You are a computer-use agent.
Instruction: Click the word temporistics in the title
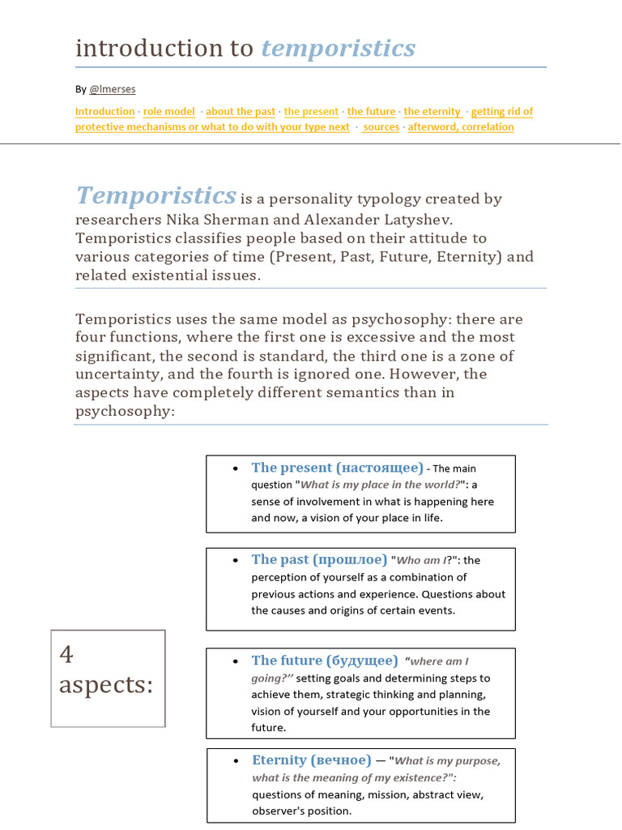pos(338,49)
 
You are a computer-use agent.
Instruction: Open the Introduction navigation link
pos(105,112)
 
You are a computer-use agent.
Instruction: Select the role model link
pos(169,112)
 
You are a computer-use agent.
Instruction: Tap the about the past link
pos(241,112)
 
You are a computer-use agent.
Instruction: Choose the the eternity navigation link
pos(432,112)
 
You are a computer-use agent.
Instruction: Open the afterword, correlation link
pos(461,127)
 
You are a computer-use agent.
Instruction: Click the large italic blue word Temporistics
pos(155,196)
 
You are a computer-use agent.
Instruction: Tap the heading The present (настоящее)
pos(337,468)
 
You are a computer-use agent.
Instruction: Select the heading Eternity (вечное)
pos(312,760)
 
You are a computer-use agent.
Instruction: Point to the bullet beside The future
pos(235,661)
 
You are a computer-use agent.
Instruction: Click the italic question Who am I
pos(419,560)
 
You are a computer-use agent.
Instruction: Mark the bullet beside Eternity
pos(235,761)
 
